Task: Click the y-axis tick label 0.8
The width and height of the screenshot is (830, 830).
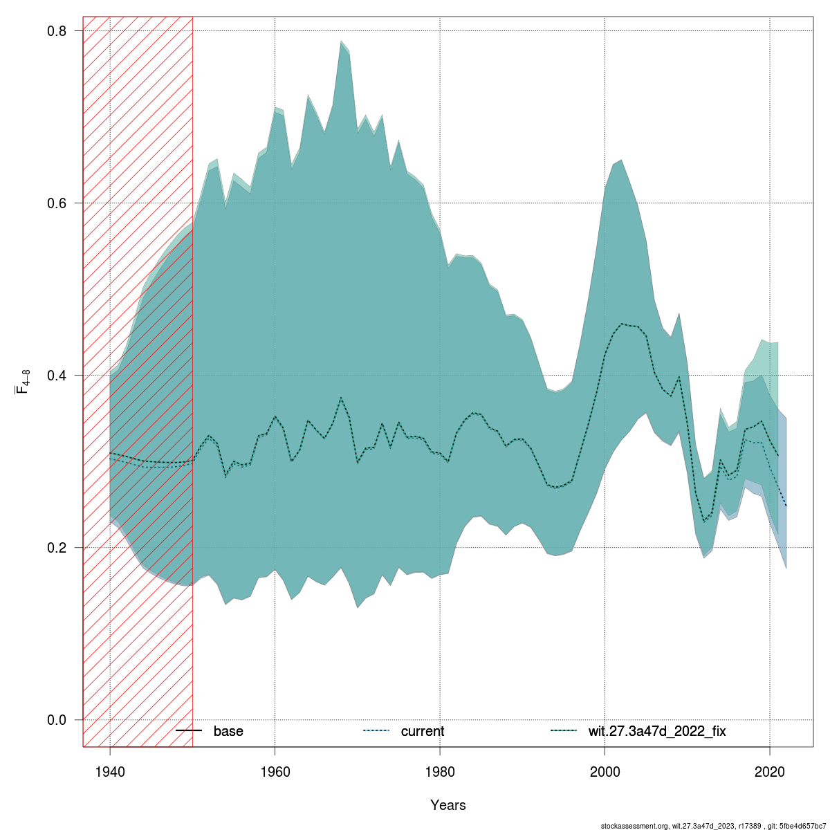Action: pyautogui.click(x=57, y=31)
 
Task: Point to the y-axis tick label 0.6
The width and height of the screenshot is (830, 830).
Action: pyautogui.click(x=57, y=203)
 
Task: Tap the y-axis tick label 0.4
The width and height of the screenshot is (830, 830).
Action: pyautogui.click(x=57, y=376)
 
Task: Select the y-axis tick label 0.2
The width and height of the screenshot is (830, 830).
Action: pyautogui.click(x=57, y=548)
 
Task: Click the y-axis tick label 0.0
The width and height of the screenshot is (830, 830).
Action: pyautogui.click(x=57, y=720)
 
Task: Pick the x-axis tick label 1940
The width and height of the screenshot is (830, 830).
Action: pyautogui.click(x=110, y=772)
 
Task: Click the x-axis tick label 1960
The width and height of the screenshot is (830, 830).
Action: pyautogui.click(x=275, y=772)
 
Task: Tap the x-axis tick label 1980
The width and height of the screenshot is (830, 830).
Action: pyautogui.click(x=441, y=772)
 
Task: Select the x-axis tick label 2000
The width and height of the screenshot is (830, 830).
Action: pyautogui.click(x=605, y=772)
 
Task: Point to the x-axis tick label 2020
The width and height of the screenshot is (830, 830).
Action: pyautogui.click(x=771, y=772)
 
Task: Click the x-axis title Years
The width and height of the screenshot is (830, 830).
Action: pyautogui.click(x=448, y=805)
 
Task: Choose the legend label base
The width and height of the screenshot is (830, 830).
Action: pyautogui.click(x=228, y=731)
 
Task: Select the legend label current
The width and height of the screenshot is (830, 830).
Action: pyautogui.click(x=423, y=731)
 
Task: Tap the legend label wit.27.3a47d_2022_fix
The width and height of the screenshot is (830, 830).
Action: pyautogui.click(x=657, y=731)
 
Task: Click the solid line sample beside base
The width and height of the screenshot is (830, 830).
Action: pyautogui.click(x=188, y=731)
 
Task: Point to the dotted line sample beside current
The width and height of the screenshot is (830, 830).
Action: pyautogui.click(x=376, y=731)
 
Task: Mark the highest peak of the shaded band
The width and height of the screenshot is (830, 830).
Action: pyautogui.click(x=341, y=41)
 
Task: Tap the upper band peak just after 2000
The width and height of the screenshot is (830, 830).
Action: pyautogui.click(x=621, y=160)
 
